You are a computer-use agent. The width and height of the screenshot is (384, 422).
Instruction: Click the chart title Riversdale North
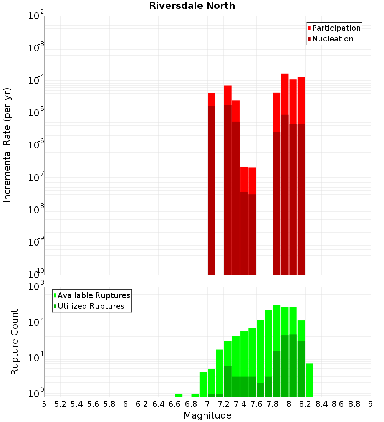point(192,6)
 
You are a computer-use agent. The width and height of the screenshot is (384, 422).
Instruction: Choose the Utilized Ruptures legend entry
point(91,306)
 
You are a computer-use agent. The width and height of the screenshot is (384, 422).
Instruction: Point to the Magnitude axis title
point(207,415)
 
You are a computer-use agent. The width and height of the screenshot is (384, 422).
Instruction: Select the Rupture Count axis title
point(15,341)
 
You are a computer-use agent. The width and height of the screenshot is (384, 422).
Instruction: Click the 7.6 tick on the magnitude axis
point(256,404)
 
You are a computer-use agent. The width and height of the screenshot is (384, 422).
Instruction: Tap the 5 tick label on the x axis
point(44,404)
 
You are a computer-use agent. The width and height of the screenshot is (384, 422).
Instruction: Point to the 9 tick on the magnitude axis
point(371,404)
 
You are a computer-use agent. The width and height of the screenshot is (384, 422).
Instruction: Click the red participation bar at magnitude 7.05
point(211,99)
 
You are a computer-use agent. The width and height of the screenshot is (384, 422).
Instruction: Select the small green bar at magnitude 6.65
point(179,395)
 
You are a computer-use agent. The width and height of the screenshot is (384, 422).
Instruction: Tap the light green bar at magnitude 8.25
point(309,380)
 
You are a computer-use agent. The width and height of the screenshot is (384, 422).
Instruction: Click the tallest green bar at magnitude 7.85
point(276,326)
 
